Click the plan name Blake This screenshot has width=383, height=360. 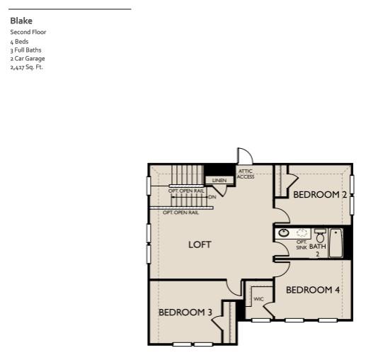(21, 21)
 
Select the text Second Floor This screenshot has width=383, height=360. (28, 32)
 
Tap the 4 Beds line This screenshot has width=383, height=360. (20, 41)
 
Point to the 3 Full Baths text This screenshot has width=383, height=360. (26, 50)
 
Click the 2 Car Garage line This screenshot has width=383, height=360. (28, 59)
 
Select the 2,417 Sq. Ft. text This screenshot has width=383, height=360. (27, 67)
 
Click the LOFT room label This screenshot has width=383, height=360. (200, 244)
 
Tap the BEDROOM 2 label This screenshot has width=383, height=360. (320, 194)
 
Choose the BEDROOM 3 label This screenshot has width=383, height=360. (185, 312)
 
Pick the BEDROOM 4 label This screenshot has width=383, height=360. (313, 290)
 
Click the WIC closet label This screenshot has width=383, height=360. (258, 299)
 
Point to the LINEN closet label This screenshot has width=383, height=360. (219, 181)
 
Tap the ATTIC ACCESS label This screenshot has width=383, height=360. (246, 174)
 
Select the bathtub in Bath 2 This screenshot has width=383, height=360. (336, 242)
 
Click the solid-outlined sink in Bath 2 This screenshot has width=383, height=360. (284, 232)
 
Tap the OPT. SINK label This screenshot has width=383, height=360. (302, 244)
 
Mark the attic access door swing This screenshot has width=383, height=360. (244, 156)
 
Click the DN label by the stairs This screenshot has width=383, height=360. (212, 197)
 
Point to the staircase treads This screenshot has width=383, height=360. (188, 175)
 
